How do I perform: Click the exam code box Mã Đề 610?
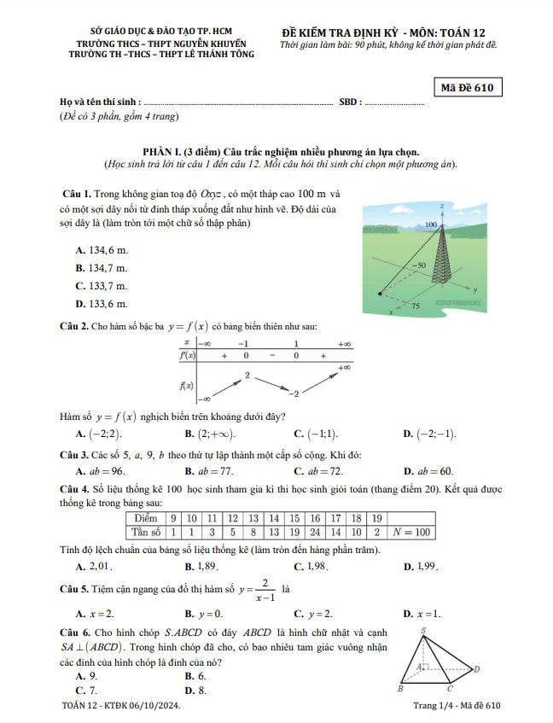(x=468, y=87)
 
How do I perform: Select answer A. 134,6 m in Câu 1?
(x=102, y=250)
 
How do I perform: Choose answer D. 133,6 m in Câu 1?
(x=102, y=304)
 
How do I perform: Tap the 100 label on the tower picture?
(x=430, y=224)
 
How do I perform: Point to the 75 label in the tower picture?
(x=416, y=306)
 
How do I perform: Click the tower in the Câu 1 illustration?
(x=441, y=260)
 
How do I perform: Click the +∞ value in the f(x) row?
(x=345, y=366)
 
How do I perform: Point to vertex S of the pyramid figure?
(x=424, y=630)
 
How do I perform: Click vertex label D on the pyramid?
(x=476, y=668)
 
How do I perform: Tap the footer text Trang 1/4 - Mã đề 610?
(x=456, y=706)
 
